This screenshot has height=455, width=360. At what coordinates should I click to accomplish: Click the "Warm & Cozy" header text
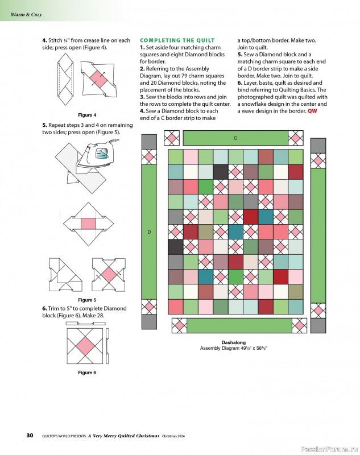tap(26, 14)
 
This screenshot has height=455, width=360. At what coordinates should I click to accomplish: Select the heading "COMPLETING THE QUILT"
tap(177, 40)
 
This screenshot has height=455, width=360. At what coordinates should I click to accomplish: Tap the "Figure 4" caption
tap(87, 115)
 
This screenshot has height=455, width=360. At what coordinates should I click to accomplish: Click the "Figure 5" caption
tap(87, 300)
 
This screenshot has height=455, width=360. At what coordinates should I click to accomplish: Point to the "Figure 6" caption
tap(87, 373)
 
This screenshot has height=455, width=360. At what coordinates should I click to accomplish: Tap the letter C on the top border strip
tap(235, 138)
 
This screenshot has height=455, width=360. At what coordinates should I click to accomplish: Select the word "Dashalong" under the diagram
tap(233, 343)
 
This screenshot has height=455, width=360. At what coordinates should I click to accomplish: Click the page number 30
tap(30, 436)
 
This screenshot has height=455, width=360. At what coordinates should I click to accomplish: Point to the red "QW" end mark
tap(313, 111)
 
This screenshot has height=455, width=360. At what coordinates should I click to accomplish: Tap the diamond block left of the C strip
tap(172, 138)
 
